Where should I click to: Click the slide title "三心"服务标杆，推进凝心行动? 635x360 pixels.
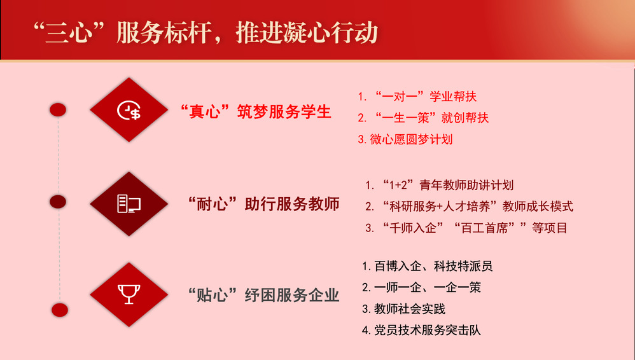[206, 32]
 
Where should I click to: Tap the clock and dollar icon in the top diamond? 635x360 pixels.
[129, 110]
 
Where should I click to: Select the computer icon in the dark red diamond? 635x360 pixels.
[129, 204]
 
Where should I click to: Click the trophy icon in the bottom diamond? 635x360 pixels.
[129, 294]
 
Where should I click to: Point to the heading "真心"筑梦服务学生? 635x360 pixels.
[256, 112]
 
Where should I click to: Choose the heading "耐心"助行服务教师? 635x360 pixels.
[263, 204]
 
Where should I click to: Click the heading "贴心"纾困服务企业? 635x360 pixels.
[263, 295]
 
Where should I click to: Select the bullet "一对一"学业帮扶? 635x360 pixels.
[417, 97]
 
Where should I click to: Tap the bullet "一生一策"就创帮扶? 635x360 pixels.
[423, 118]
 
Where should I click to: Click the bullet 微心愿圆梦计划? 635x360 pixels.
[405, 139]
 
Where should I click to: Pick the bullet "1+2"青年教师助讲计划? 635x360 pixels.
[440, 185]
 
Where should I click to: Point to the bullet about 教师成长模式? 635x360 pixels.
[469, 207]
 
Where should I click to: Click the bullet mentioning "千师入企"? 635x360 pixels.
[466, 228]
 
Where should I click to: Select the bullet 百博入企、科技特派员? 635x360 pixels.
[427, 266]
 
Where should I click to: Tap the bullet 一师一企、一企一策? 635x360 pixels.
[421, 287]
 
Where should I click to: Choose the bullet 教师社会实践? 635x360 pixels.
[403, 309]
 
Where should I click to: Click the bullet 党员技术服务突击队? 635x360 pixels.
[421, 330]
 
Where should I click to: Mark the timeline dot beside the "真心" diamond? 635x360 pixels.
[58, 110]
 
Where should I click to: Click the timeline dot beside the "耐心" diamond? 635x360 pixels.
[58, 202]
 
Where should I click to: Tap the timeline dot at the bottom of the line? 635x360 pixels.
[60, 310]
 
